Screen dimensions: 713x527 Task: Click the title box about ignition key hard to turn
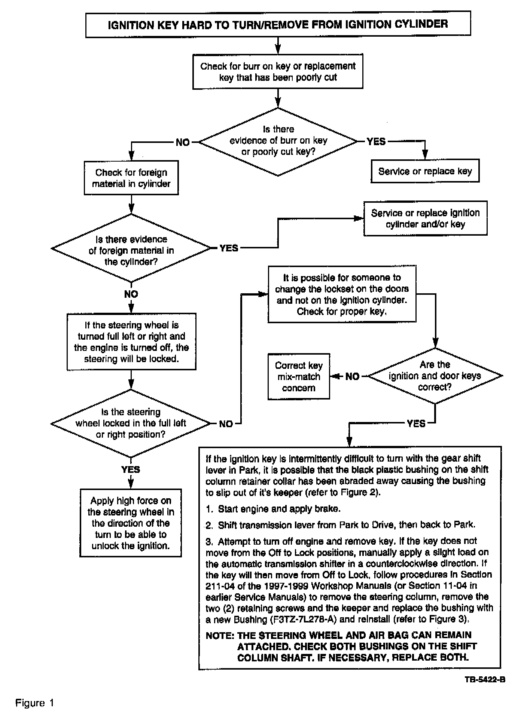pos(278,25)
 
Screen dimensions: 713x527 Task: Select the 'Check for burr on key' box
pos(278,71)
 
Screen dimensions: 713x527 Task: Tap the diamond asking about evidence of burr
pos(278,141)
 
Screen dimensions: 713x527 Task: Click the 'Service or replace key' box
pos(425,171)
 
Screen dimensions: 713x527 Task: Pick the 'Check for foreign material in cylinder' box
pos(131,178)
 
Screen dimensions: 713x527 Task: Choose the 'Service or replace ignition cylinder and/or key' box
pos(425,218)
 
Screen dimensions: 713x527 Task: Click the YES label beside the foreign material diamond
pos(229,248)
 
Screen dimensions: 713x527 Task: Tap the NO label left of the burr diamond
pos(182,142)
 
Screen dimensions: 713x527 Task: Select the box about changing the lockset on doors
pos(342,294)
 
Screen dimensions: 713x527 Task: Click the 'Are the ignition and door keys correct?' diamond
pos(435,376)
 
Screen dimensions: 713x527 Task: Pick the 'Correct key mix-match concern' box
pos(299,376)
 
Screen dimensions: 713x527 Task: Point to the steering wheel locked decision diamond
pos(131,423)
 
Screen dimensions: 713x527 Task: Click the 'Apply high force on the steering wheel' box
pos(131,523)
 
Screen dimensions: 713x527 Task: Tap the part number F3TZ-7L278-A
pos(303,619)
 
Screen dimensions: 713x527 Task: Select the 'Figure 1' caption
pos(35,703)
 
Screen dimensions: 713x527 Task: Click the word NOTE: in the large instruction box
pos(220,635)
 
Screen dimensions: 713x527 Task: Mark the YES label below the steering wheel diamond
pos(131,469)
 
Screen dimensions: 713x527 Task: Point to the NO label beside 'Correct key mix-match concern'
pos(352,376)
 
